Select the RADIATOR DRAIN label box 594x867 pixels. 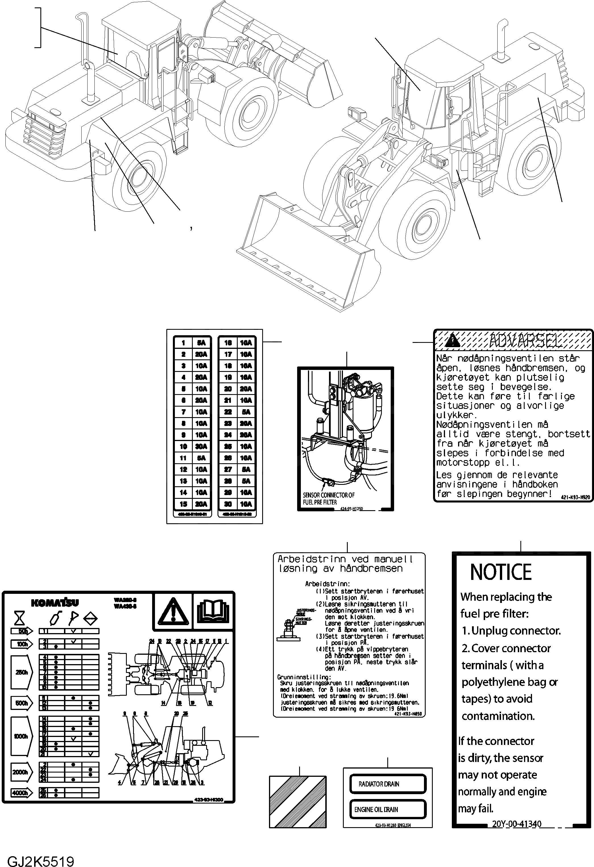pos(388,784)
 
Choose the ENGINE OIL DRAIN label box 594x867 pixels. pos(388,809)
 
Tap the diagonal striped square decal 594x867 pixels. pos(297,802)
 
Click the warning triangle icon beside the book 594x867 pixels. pos(173,611)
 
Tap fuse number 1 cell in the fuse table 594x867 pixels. pos(183,343)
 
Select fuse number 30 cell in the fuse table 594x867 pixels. pos(228,504)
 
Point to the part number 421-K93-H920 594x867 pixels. pos(575,497)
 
